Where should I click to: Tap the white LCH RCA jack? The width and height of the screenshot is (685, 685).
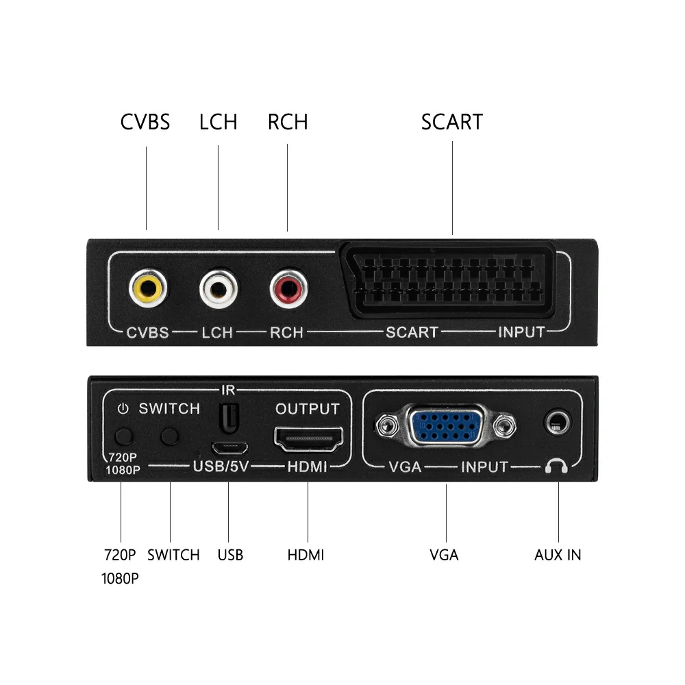(x=219, y=289)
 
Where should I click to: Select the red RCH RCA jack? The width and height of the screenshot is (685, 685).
(x=288, y=289)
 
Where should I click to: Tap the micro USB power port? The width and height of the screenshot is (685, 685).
(x=229, y=450)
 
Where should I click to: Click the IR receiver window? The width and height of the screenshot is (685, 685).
(x=228, y=418)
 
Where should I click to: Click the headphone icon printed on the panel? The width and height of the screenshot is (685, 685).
(x=556, y=467)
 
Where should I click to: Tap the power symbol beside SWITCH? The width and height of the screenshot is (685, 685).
(x=123, y=409)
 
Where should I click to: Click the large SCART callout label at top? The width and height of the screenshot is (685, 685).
(x=451, y=122)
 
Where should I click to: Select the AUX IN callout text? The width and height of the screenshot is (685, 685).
(x=558, y=555)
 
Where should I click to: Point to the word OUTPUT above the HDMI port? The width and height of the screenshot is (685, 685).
(x=308, y=409)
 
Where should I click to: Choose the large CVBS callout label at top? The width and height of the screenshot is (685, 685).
(x=145, y=122)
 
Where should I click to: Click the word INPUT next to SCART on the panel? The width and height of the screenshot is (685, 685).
(x=521, y=333)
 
